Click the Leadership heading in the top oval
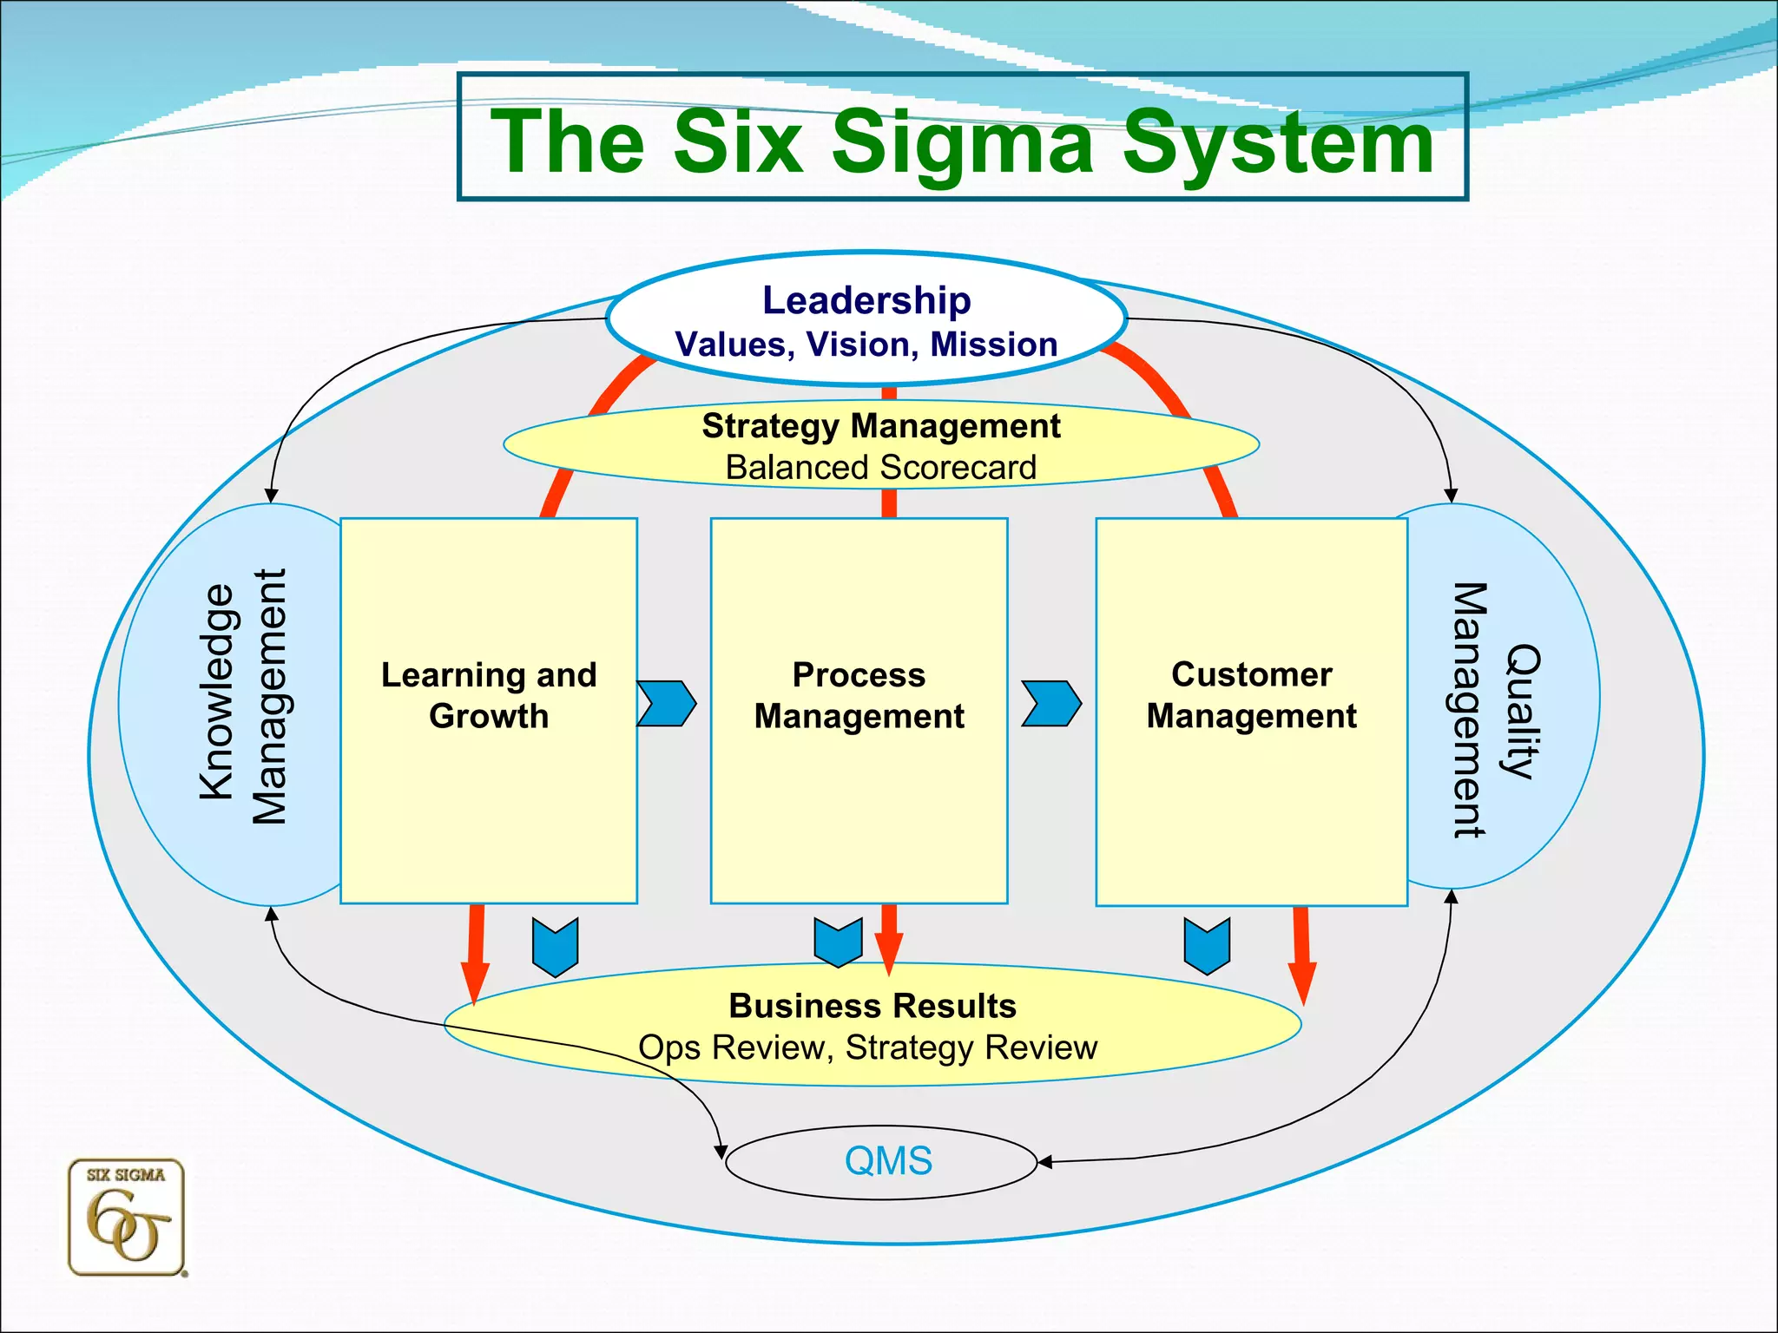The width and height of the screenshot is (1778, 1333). [x=866, y=300]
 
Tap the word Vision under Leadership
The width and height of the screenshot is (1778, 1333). [x=861, y=345]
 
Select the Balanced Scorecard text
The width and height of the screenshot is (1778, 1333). [x=880, y=468]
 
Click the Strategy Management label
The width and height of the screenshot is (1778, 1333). [x=880, y=426]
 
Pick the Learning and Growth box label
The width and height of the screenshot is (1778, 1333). [x=489, y=695]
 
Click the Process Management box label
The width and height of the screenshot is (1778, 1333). [x=859, y=695]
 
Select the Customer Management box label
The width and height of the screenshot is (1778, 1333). [x=1251, y=695]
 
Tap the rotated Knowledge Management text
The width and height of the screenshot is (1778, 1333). [x=242, y=694]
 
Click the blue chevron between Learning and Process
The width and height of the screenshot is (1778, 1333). [x=667, y=703]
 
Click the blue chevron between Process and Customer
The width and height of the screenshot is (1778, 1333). [x=1051, y=703]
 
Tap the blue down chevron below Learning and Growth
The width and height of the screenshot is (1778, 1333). [x=555, y=947]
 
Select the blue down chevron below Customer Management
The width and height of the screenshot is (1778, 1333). [x=1207, y=946]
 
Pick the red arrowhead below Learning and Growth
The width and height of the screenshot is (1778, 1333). [x=475, y=982]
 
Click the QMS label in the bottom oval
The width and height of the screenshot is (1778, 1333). [x=888, y=1161]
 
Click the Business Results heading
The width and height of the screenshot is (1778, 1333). [x=873, y=1006]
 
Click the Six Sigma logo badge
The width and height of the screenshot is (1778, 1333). [x=127, y=1218]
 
